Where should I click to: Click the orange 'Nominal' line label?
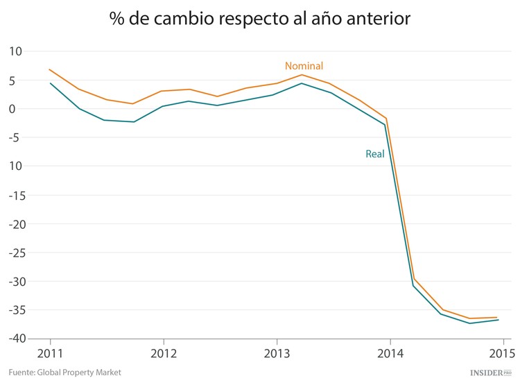coord(304,66)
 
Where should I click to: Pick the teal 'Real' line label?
coord(374,154)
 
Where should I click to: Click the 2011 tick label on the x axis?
coord(50,352)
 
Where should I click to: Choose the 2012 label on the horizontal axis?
coord(163,352)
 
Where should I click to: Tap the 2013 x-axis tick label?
coord(277,352)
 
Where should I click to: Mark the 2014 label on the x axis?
coord(390,352)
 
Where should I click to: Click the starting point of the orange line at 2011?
coord(50,69)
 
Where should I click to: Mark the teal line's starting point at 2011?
coord(50,83)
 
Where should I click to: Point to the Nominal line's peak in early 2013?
coord(302,75)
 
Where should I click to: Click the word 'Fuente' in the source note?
coord(22,373)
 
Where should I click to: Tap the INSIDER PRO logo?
coord(490,373)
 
